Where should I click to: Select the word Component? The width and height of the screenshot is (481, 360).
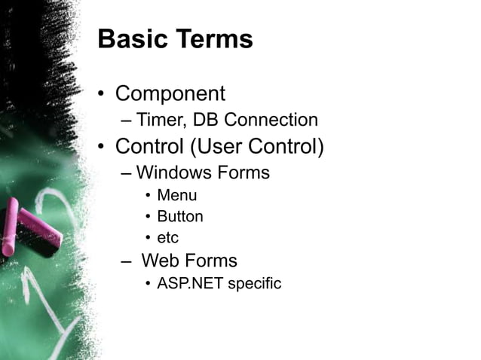coord(170,94)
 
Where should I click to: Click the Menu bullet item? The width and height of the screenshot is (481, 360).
coord(176,196)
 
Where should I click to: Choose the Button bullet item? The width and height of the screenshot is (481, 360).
coord(179,217)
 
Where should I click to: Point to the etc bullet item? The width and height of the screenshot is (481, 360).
coord(167,239)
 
